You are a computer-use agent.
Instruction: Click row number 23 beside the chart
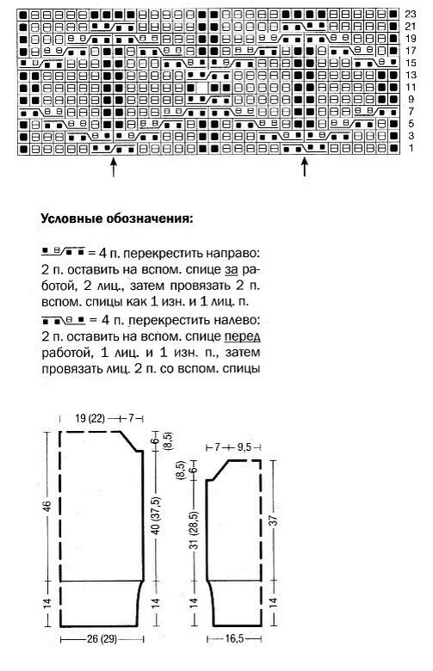point(411,15)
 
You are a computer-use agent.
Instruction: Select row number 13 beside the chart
point(411,76)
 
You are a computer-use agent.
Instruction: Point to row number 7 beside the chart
point(411,112)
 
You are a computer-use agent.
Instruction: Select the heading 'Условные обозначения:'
point(116,218)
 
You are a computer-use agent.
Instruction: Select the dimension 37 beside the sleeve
point(273,521)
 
